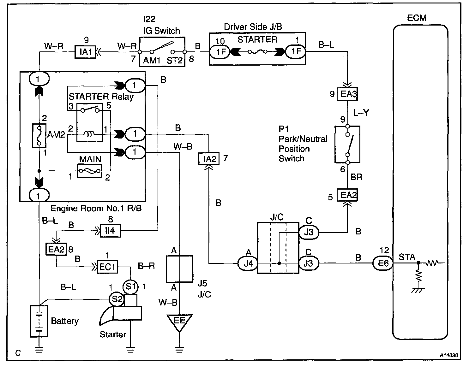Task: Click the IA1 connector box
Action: pyautogui.click(x=85, y=52)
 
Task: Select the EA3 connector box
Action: pyautogui.click(x=347, y=94)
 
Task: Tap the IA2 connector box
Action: pyautogui.click(x=209, y=159)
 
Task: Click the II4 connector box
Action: pyautogui.click(x=110, y=231)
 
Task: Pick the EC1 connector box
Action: pyautogui.click(x=107, y=267)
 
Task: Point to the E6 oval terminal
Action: pyautogui.click(x=383, y=263)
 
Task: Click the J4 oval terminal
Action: pyautogui.click(x=248, y=263)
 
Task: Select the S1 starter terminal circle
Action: pyautogui.click(x=130, y=286)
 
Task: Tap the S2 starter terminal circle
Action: pyautogui.click(x=117, y=299)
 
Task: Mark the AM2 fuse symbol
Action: pyautogui.click(x=39, y=136)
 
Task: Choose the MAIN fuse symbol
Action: pyautogui.click(x=90, y=171)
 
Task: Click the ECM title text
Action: pyautogui.click(x=417, y=18)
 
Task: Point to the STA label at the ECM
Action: pyautogui.click(x=407, y=257)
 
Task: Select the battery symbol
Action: pyautogui.click(x=39, y=321)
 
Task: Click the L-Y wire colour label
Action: pyautogui.click(x=361, y=113)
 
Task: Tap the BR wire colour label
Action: pyautogui.click(x=356, y=177)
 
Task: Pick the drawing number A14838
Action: pyautogui.click(x=449, y=355)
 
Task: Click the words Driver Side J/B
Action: pyautogui.click(x=253, y=27)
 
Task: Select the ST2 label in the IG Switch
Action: pyautogui.click(x=174, y=60)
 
